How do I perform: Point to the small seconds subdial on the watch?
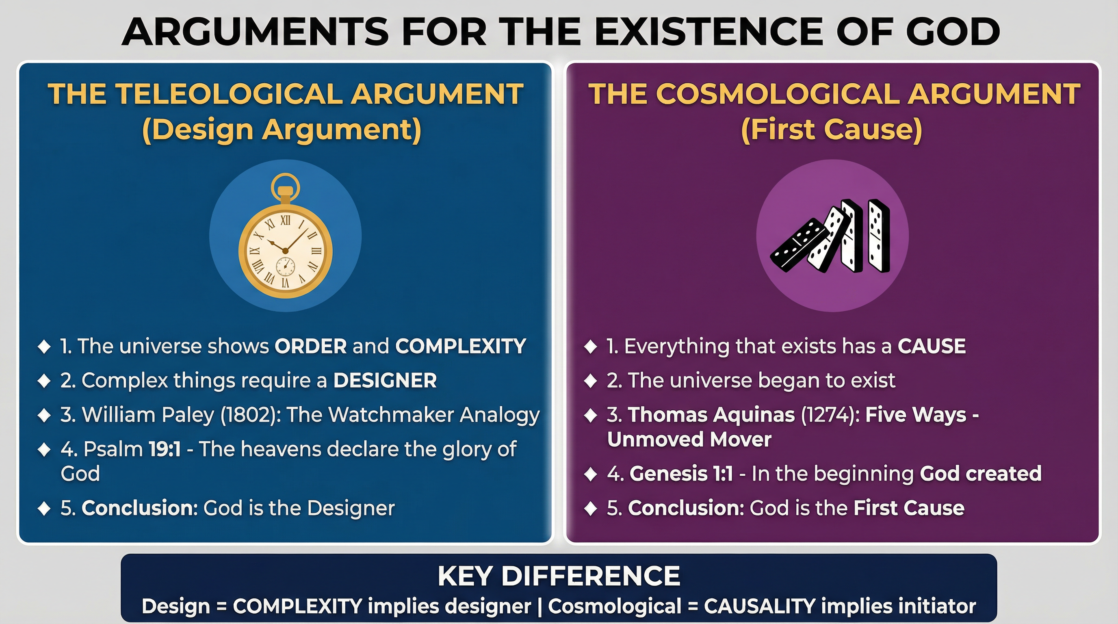[286, 266]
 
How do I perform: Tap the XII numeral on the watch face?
[285, 221]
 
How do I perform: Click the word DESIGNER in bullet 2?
[385, 381]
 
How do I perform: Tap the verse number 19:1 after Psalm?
[165, 449]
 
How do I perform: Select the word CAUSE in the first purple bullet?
[932, 346]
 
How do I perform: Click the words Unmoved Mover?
[689, 439]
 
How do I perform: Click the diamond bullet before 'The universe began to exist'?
[591, 381]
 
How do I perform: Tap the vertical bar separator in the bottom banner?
[539, 606]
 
